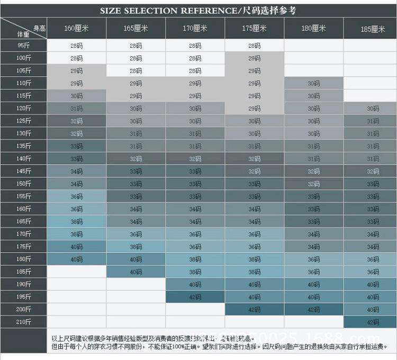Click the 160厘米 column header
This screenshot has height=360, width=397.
pyautogui.click(x=76, y=28)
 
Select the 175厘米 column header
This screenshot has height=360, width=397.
pyautogui.click(x=254, y=28)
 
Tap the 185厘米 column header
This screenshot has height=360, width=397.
pyautogui.click(x=373, y=29)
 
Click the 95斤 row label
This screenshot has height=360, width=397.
pyautogui.click(x=23, y=46)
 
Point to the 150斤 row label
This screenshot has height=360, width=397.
pyautogui.click(x=23, y=184)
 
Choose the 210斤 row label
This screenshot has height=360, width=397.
pyautogui.click(x=23, y=322)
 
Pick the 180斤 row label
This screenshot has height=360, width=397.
pyautogui.click(x=23, y=259)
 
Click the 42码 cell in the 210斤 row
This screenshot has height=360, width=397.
pyautogui.click(x=373, y=322)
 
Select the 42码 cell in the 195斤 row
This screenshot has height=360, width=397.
pyautogui.click(x=195, y=297)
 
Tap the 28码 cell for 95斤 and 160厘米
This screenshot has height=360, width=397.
pyautogui.click(x=76, y=46)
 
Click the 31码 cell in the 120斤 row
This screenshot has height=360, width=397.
pyautogui.click(x=76, y=109)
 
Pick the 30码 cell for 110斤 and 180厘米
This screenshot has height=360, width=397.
pyautogui.click(x=313, y=83)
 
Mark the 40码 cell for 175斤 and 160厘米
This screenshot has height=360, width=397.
pyautogui.click(x=76, y=247)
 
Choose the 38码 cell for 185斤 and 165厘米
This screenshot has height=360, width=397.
pyautogui.click(x=136, y=271)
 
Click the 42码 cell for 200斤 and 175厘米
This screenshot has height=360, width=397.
pyautogui.click(x=254, y=310)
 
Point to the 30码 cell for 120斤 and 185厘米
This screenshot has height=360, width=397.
pyautogui.click(x=373, y=109)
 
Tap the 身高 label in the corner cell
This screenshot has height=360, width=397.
pyautogui.click(x=39, y=28)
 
